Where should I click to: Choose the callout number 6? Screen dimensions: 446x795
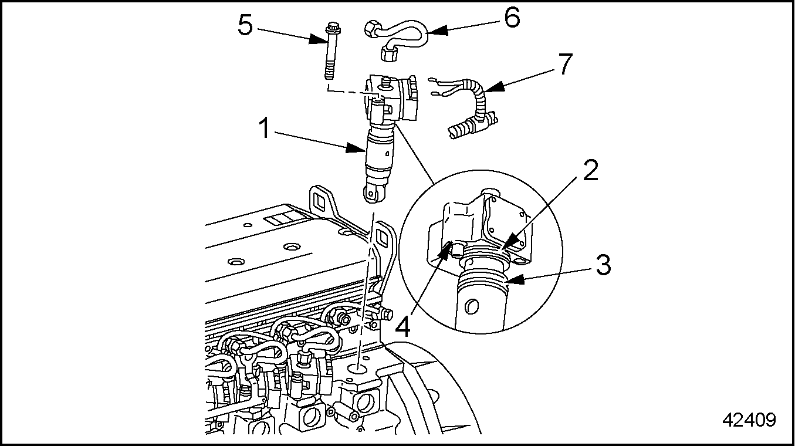pos(510,18)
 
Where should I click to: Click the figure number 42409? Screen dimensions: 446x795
pos(749,420)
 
